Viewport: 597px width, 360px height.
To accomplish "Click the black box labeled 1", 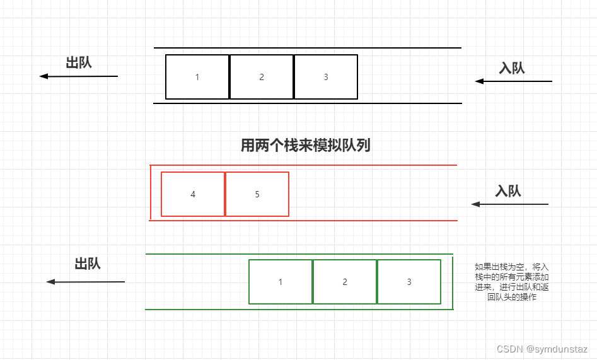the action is pyautogui.click(x=197, y=77).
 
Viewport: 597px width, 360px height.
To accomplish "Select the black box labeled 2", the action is pyautogui.click(x=262, y=77).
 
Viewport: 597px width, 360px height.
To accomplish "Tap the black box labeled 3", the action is pyautogui.click(x=326, y=77).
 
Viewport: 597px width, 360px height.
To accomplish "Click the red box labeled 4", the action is pyautogui.click(x=193, y=194).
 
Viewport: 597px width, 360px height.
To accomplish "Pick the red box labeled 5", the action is pyautogui.click(x=257, y=194).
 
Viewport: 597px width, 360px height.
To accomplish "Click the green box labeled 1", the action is pyautogui.click(x=281, y=282).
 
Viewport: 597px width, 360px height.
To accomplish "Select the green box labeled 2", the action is pyautogui.click(x=345, y=282).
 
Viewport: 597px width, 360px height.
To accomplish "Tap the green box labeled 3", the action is pyautogui.click(x=409, y=282).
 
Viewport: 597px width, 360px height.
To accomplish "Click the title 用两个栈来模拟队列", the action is pyautogui.click(x=306, y=146).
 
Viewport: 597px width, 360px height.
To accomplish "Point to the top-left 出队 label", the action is pyautogui.click(x=79, y=62).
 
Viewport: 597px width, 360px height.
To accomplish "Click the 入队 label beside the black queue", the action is pyautogui.click(x=512, y=68).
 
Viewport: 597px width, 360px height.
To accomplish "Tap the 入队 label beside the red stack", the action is pyautogui.click(x=508, y=191).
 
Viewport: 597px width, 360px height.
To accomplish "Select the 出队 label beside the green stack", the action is pyautogui.click(x=88, y=264).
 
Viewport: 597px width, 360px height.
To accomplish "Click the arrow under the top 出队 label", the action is pyautogui.click(x=79, y=76).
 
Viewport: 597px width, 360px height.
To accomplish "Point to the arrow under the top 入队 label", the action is pyautogui.click(x=513, y=81).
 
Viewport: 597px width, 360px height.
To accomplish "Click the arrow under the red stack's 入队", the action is pyautogui.click(x=510, y=204).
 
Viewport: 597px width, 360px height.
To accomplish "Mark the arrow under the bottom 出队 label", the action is pyautogui.click(x=86, y=282).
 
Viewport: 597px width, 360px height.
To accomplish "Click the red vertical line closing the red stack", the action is pyautogui.click(x=151, y=192).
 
